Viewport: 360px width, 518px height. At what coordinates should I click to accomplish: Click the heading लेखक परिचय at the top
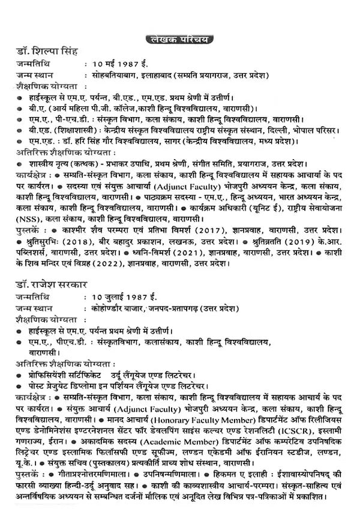pyautogui.click(x=179, y=40)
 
